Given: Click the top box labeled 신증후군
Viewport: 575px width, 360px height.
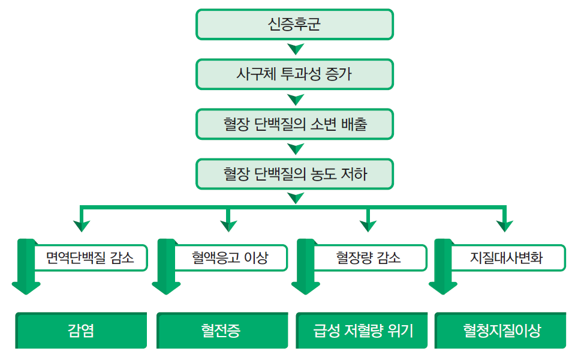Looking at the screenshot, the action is pyautogui.click(x=294, y=25).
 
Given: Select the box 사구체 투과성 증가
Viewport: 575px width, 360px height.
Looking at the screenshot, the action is pyautogui.click(x=294, y=74).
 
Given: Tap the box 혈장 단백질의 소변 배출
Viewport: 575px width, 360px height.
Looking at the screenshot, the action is pyautogui.click(x=294, y=124).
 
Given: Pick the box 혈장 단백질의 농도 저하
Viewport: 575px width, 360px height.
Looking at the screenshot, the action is pyautogui.click(x=294, y=174).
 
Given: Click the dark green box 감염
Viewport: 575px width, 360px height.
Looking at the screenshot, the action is pyautogui.click(x=81, y=330).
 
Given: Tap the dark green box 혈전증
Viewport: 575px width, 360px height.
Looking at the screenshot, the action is pyautogui.click(x=222, y=330).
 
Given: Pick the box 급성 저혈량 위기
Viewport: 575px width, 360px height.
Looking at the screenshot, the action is pyautogui.click(x=362, y=330).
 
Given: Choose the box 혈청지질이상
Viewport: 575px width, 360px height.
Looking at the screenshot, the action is pyautogui.click(x=500, y=330).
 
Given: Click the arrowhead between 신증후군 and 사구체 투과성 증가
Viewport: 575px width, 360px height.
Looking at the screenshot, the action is pyautogui.click(x=296, y=49).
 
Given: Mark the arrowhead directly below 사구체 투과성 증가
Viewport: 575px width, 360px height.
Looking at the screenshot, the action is pyautogui.click(x=296, y=99).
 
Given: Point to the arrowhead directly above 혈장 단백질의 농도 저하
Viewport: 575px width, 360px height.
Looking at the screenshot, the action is pyautogui.click(x=296, y=149).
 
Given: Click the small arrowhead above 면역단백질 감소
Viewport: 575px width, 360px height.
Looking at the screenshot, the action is pyautogui.click(x=82, y=226).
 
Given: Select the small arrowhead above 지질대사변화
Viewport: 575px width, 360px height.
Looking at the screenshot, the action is pyautogui.click(x=505, y=226).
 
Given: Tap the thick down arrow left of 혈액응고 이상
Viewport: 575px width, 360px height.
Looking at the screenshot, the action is pyautogui.click(x=166, y=266).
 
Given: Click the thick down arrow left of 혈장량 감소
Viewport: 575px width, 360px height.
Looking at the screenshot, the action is pyautogui.click(x=305, y=266).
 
